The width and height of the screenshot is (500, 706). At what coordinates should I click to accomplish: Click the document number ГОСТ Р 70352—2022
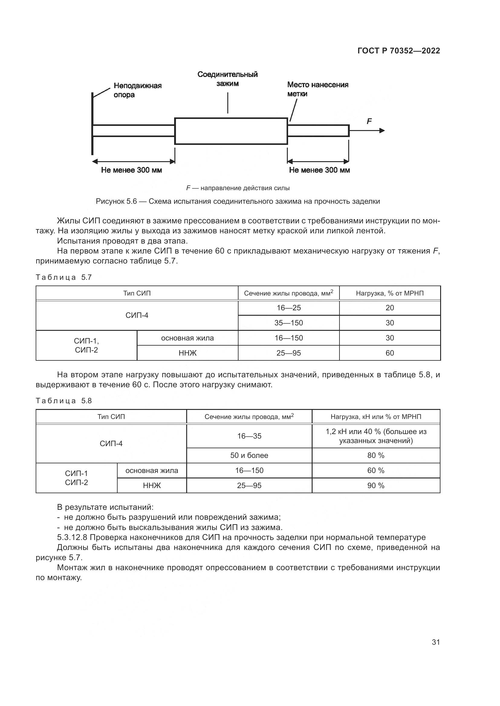tap(399, 51)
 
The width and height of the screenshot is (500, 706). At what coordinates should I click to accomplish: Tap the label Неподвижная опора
tap(137, 90)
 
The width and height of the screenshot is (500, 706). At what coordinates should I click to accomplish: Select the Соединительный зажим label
tap(228, 79)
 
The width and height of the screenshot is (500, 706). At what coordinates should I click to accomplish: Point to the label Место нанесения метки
tap(317, 89)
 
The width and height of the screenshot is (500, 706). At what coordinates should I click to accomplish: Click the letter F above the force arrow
tap(369, 121)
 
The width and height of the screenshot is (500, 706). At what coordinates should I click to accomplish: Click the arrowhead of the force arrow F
tap(382, 131)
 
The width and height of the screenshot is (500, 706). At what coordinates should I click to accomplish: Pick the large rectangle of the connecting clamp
tap(231, 131)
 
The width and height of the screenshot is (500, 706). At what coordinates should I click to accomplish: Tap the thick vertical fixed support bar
tap(93, 123)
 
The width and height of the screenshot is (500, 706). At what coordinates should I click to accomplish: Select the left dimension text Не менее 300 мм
tap(131, 170)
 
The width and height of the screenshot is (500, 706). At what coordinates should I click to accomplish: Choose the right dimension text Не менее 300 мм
tap(319, 170)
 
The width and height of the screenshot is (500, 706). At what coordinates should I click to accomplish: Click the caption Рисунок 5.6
tap(238, 201)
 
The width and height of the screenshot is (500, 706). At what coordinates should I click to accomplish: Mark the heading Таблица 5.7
tap(64, 277)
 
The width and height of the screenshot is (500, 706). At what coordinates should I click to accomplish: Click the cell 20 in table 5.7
tap(389, 308)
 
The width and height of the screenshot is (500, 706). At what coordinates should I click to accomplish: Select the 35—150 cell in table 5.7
tap(288, 323)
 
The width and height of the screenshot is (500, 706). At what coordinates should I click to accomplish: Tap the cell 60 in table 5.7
tap(389, 353)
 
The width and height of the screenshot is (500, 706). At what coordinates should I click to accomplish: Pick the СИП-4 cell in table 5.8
tap(111, 443)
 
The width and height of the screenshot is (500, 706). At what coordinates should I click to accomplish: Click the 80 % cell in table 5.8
tap(376, 455)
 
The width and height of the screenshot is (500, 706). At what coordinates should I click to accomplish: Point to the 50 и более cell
tap(249, 455)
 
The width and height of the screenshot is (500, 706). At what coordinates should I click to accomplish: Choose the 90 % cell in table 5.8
tap(376, 486)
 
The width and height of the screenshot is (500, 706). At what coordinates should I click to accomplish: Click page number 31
tap(436, 642)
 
